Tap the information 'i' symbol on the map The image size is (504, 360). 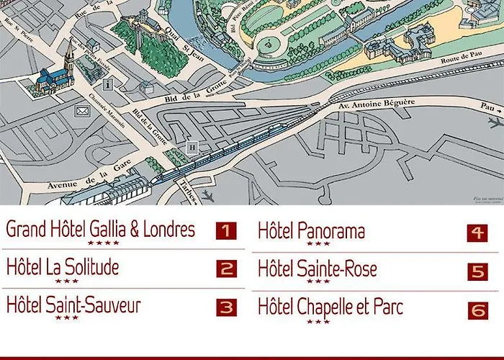pyautogui.click(x=109, y=84)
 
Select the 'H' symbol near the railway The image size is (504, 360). pyautogui.click(x=192, y=147)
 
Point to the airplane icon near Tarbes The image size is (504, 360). pyautogui.click(x=209, y=195)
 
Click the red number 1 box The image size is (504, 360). pyautogui.click(x=226, y=231)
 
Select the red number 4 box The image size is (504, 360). pyautogui.click(x=477, y=233)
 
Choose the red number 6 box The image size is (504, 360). pyautogui.click(x=477, y=310)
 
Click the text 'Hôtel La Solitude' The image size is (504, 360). pyautogui.click(x=63, y=267)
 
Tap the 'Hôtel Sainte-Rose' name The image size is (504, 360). pyautogui.click(x=318, y=269)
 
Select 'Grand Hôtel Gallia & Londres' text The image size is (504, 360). pyautogui.click(x=101, y=229)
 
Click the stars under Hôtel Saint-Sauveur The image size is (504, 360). pyautogui.click(x=66, y=318)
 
